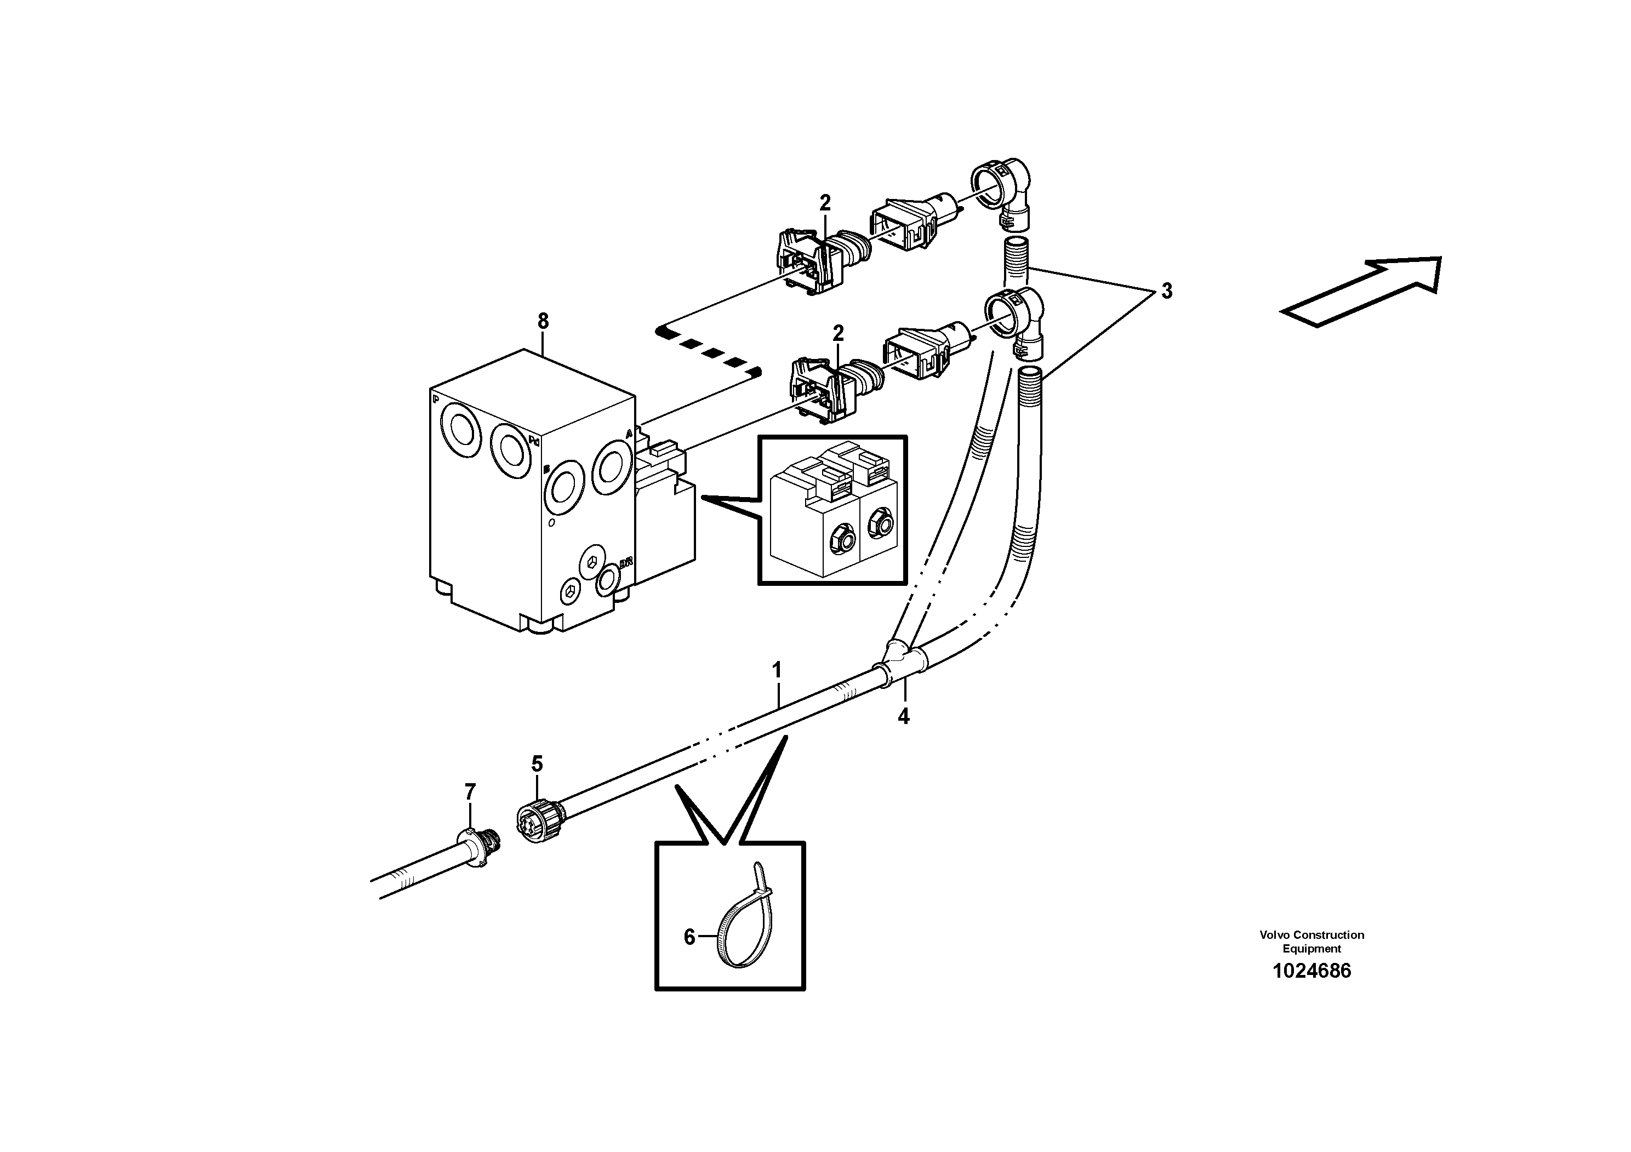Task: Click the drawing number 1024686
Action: [x=1311, y=971]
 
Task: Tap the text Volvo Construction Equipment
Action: [x=1311, y=941]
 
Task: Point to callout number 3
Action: [x=1166, y=290]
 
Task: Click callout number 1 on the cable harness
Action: [x=777, y=670]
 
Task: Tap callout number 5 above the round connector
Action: [x=537, y=764]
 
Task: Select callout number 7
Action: [x=470, y=791]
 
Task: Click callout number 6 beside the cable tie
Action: [x=689, y=938]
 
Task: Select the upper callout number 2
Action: [x=825, y=203]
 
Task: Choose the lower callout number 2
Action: [x=838, y=332]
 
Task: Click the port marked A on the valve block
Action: [x=612, y=467]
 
